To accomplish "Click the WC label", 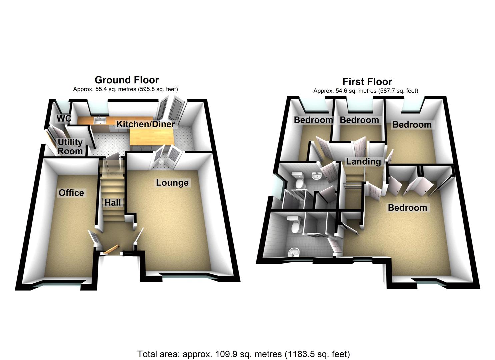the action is coord(64,119).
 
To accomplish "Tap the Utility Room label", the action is coord(70,147).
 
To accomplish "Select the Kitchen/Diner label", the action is coord(145,124).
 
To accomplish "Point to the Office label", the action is coord(71,193).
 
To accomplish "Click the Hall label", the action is coord(113,202).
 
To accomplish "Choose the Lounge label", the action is coord(172,183).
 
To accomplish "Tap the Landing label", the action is coord(363,162).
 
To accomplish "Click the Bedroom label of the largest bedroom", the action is coord(407,208).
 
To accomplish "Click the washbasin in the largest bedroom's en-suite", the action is coord(293,253).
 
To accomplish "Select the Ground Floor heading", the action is coord(127,80).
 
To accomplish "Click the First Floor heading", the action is coord(367,82).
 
